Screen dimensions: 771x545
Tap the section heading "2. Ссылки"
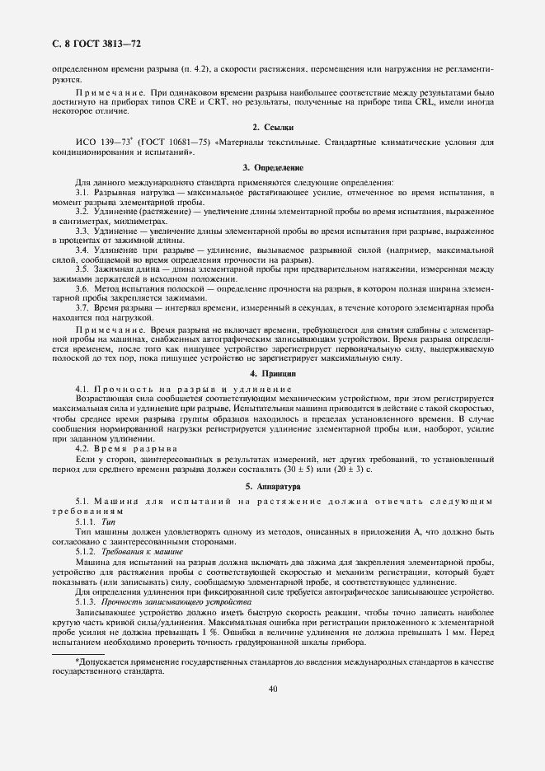(x=272, y=127)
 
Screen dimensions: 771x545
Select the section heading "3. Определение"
(x=272, y=166)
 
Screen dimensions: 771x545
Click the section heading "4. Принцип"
(x=272, y=373)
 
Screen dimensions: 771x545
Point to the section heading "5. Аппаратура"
(x=272, y=487)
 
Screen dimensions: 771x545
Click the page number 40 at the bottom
(x=272, y=689)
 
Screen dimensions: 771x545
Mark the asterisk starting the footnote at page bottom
(x=77, y=661)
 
